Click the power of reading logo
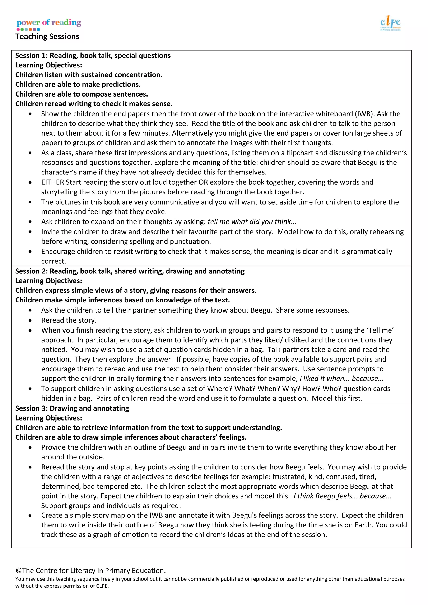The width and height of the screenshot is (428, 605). pos(49,24)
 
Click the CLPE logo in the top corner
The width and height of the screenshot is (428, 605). pos(390,24)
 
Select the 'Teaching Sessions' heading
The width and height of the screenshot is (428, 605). pos(47,37)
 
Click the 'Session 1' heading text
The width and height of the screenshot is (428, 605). pos(93,56)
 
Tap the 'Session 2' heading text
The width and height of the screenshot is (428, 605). pos(130,271)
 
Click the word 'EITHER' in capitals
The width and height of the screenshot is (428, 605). pos(52,182)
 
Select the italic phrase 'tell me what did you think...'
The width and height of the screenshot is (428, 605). pos(252,222)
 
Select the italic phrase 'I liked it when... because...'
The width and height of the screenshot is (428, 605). pos(341,379)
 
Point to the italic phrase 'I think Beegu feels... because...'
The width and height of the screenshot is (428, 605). pos(342,496)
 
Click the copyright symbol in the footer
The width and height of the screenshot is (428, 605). pos(18,571)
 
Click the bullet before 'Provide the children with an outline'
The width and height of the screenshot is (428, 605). pos(30,448)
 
